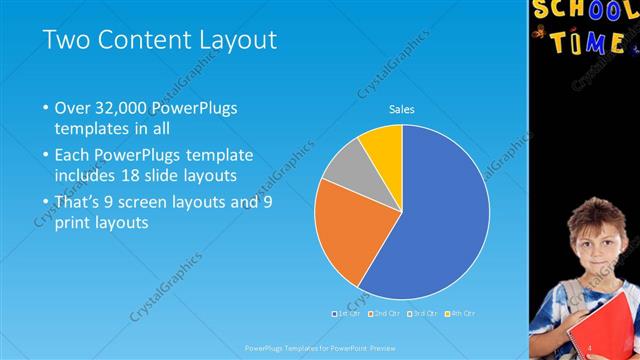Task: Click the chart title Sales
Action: click(x=401, y=109)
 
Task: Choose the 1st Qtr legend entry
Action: click(x=346, y=314)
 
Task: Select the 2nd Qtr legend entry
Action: click(x=384, y=314)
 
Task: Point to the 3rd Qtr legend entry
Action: click(x=422, y=314)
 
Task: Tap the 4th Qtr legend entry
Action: click(x=460, y=314)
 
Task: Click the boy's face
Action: click(x=595, y=240)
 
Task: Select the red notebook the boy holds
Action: click(x=605, y=330)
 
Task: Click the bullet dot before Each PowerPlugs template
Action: click(x=45, y=156)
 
